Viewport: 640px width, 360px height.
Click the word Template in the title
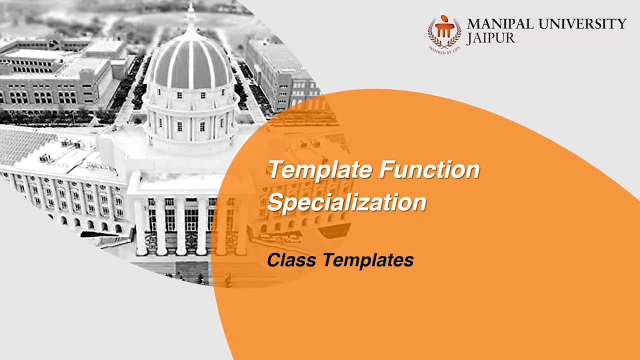321,169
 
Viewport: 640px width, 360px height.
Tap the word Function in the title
429,169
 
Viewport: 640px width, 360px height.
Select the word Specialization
347,202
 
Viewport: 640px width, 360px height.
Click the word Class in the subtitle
291,259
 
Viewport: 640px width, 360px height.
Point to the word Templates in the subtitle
368,260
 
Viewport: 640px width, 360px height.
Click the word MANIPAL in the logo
500,23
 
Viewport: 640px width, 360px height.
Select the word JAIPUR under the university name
491,38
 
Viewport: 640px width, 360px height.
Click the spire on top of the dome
191,15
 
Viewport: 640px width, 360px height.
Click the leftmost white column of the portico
141,225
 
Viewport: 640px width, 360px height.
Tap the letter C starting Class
274,259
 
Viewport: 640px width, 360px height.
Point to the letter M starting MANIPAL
474,23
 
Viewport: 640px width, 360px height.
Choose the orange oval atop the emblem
444,18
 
